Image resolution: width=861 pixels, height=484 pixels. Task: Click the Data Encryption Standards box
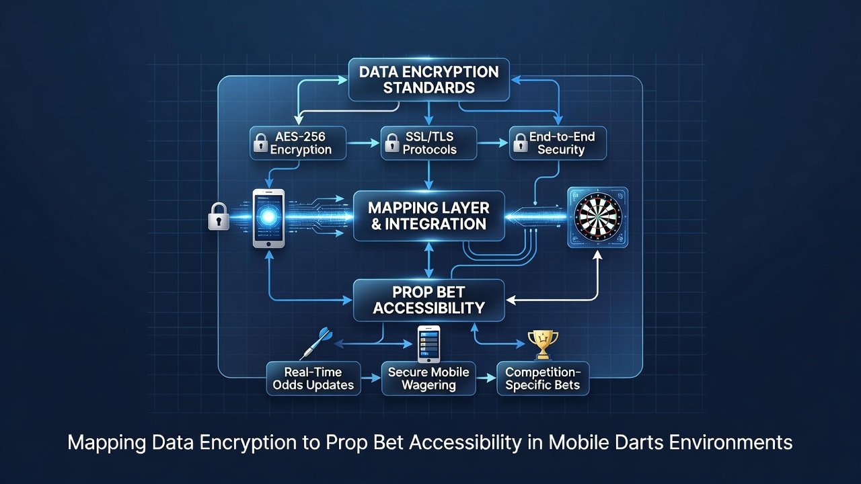tap(429, 80)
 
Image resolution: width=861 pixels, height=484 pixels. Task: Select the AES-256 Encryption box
tap(298, 143)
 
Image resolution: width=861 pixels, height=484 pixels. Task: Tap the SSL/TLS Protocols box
tap(428, 143)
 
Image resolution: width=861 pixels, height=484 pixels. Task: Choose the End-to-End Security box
tap(558, 143)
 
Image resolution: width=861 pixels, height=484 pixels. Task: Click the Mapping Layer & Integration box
tap(428, 216)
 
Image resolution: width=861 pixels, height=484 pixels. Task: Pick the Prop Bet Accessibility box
tap(428, 300)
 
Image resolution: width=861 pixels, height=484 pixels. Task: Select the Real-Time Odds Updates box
tap(313, 378)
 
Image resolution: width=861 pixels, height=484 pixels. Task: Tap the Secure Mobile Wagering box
tap(428, 378)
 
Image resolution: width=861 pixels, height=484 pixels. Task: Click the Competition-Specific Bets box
tap(543, 378)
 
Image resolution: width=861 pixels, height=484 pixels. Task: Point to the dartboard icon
tap(597, 216)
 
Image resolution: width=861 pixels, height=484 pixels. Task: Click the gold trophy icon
tap(543, 345)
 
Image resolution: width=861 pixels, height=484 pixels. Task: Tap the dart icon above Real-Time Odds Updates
tap(316, 344)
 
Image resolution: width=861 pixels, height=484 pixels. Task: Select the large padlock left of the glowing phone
tap(219, 216)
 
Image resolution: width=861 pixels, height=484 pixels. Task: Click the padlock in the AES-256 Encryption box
tap(260, 143)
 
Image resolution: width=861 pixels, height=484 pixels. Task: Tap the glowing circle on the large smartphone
tap(268, 216)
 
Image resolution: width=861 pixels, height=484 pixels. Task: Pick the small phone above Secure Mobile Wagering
tap(428, 344)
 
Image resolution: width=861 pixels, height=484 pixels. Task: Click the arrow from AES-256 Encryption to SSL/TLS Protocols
tap(363, 143)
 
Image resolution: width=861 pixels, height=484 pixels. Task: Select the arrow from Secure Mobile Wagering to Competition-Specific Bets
tap(486, 378)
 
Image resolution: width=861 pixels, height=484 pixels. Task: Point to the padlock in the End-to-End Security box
tap(521, 143)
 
